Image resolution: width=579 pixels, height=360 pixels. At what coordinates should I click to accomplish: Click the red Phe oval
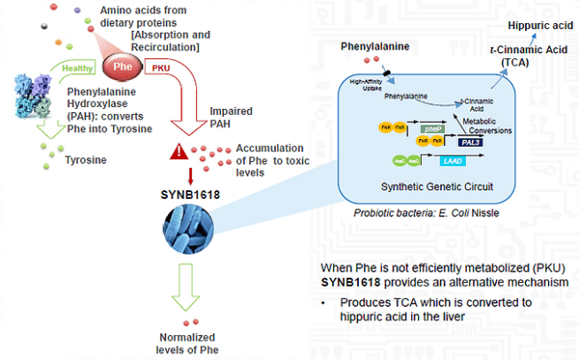[123, 66]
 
